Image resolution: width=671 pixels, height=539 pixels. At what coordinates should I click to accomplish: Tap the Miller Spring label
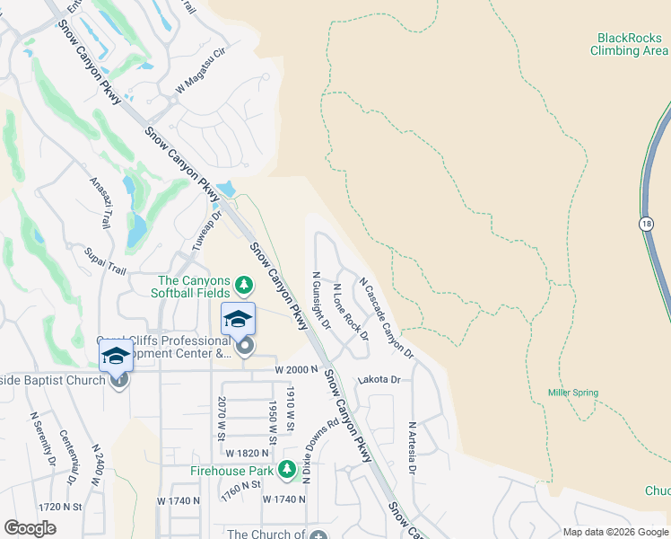pos(573,393)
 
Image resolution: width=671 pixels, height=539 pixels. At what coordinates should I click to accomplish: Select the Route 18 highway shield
pos(646,224)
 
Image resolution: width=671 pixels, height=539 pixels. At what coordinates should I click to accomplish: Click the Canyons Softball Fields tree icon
pos(243,285)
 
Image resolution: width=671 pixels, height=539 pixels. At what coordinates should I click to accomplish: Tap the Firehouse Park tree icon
pos(286,469)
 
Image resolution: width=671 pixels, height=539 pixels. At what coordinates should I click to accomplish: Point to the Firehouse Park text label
pos(231,470)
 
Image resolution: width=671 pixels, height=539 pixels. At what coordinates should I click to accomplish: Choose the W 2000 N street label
pos(297,370)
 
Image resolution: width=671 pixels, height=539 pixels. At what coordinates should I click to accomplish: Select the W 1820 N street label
pos(248,454)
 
